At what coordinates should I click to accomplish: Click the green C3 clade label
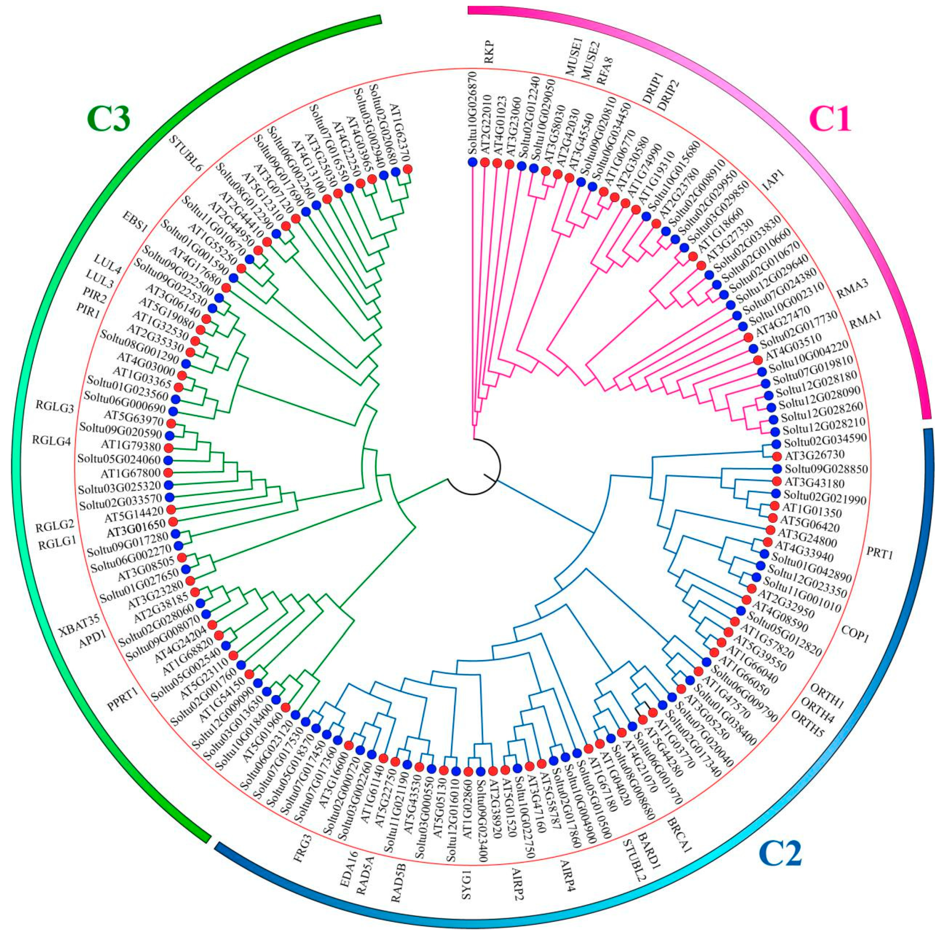108,120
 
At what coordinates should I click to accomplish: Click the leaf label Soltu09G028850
826,469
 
